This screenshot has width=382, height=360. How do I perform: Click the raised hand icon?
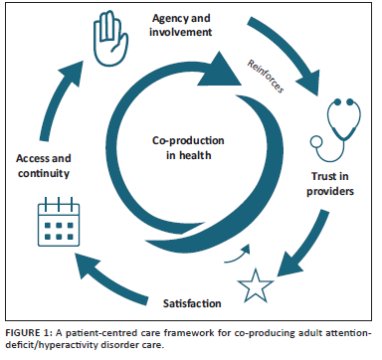[110, 38]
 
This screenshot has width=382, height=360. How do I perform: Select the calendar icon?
[59, 222]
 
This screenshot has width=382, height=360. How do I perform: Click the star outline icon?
[256, 285]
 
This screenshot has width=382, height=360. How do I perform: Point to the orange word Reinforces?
[266, 77]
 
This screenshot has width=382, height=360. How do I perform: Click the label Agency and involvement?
[181, 25]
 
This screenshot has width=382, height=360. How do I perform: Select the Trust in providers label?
[330, 184]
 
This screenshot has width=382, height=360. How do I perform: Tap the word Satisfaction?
[192, 303]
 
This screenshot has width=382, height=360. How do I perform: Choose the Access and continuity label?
[44, 165]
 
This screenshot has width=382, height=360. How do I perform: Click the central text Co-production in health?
[188, 148]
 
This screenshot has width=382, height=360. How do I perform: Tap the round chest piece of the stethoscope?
[316, 142]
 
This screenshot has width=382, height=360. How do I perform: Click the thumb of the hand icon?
[123, 42]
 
